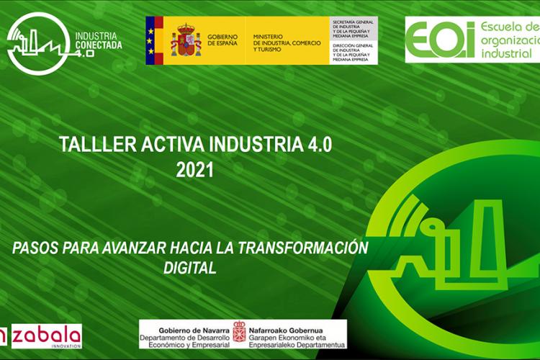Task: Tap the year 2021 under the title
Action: point(195,170)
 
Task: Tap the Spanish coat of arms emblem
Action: point(186,40)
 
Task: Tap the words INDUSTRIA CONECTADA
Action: point(99,40)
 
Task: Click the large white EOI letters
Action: point(439,40)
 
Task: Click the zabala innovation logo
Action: point(43,336)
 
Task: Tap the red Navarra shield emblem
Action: point(239,332)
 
